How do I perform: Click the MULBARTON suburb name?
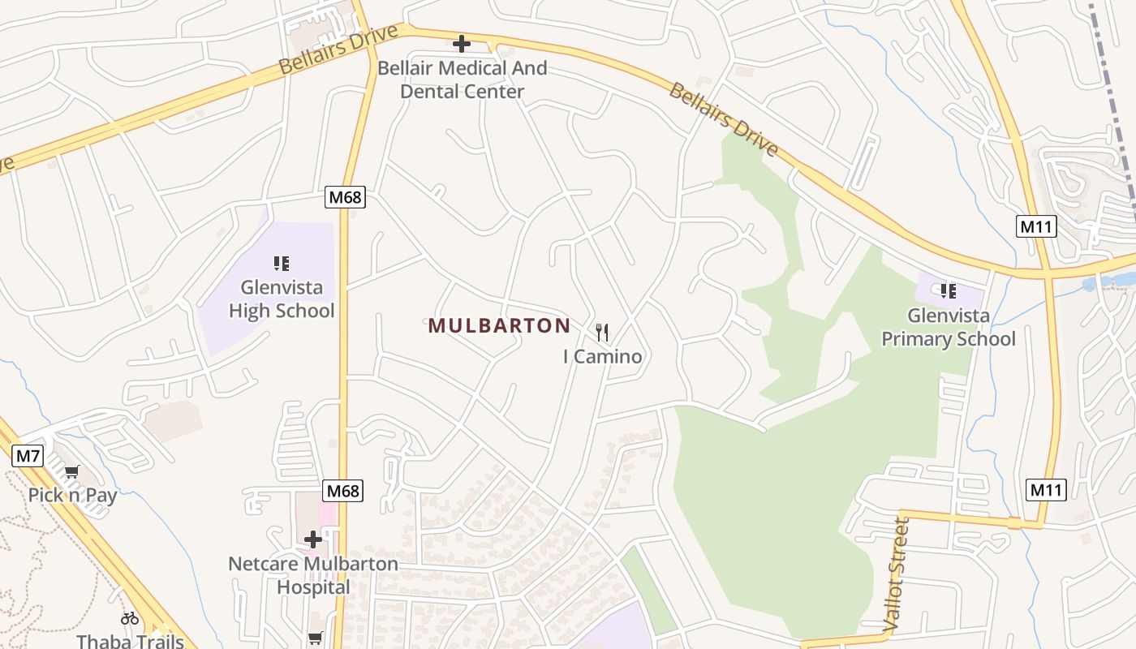pos(499,326)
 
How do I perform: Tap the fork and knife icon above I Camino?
pos(602,332)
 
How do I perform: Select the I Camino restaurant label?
pos(602,356)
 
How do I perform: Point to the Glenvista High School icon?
pos(282,263)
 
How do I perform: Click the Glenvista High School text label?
pos(282,299)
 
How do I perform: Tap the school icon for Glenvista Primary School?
pos(948,290)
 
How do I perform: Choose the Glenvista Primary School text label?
pos(948,327)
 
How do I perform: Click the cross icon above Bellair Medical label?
pos(462,44)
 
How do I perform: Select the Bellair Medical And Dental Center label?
pos(462,80)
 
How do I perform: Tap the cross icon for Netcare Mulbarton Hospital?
pos(313,539)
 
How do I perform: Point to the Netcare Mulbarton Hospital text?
pos(313,575)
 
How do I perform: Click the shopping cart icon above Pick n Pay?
pos(72,471)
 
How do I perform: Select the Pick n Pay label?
pos(72,495)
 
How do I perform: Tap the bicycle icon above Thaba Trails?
pos(130,618)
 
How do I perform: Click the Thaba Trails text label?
pos(130,641)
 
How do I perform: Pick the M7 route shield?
pos(28,456)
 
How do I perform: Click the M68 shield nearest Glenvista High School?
pos(345,197)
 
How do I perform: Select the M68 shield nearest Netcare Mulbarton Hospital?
pos(342,491)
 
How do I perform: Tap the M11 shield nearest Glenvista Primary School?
pos(1036,226)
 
